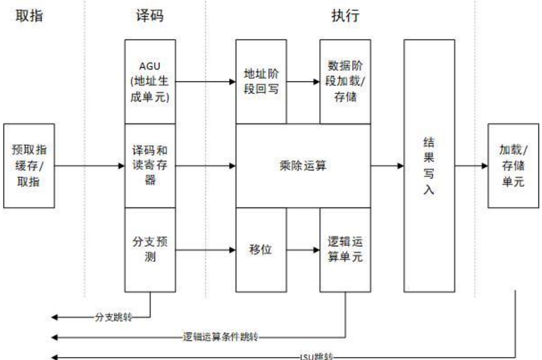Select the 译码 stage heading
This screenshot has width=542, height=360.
(149, 16)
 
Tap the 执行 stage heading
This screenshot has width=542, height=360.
(346, 16)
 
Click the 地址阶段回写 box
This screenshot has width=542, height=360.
(261, 81)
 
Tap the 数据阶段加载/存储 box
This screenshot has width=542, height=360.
(345, 81)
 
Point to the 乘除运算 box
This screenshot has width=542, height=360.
(303, 166)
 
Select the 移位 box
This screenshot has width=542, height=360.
(261, 250)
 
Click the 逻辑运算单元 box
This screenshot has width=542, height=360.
(345, 250)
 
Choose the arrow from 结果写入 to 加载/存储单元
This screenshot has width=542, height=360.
(472, 166)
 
